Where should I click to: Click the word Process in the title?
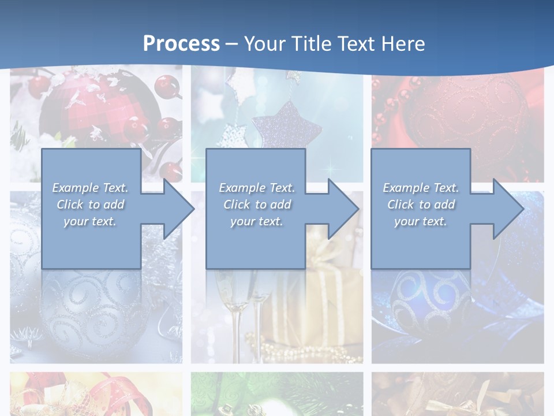(x=181, y=43)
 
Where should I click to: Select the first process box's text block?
(x=90, y=205)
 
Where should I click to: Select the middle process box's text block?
(x=256, y=205)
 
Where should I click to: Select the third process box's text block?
(x=420, y=205)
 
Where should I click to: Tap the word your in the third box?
(x=406, y=221)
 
